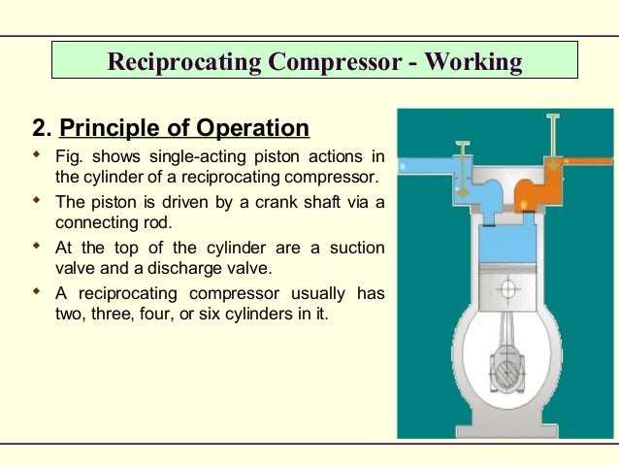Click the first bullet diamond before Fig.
37,155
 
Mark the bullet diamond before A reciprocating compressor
37,292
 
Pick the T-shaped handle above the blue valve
463,146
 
